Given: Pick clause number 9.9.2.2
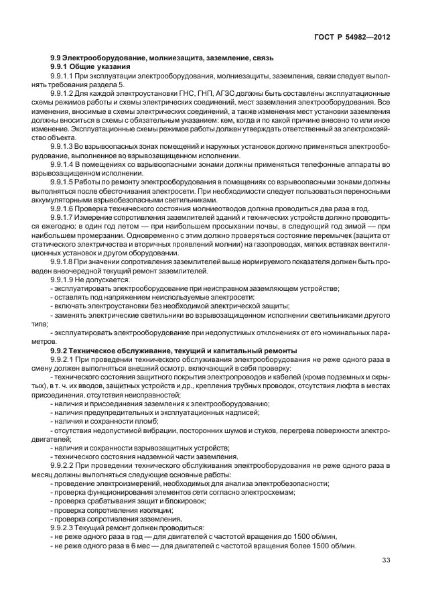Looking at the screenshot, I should point(64,463).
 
